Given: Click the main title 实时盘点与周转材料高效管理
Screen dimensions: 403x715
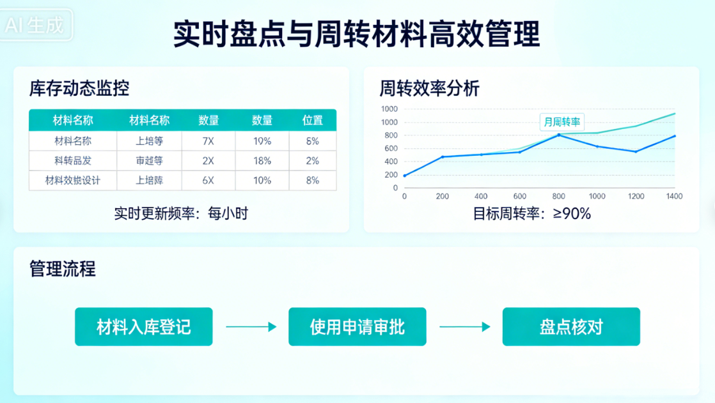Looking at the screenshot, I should tap(357, 34).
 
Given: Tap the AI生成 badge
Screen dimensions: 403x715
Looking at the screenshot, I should tap(36, 26).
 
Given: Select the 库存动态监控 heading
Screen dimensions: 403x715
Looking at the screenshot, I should tap(79, 88).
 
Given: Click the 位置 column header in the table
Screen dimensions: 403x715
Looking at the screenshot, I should tap(312, 120).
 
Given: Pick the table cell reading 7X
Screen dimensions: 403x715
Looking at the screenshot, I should tap(208, 141).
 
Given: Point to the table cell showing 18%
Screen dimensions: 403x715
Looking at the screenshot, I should tap(262, 161).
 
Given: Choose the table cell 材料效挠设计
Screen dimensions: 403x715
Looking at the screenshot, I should tap(73, 181).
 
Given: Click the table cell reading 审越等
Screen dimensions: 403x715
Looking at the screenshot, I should tap(150, 161).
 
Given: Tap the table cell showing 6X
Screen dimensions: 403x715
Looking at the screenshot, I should tap(208, 181).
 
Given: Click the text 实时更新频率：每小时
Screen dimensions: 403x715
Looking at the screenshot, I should tap(181, 213).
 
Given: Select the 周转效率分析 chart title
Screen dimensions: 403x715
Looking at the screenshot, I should tap(429, 88).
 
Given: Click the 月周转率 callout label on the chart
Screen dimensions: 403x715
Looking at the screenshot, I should tap(562, 121).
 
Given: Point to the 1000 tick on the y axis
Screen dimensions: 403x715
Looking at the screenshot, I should tap(389, 122).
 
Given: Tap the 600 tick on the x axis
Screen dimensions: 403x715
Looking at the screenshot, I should tap(520, 197).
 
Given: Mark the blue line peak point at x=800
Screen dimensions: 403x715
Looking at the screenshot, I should tap(558, 135).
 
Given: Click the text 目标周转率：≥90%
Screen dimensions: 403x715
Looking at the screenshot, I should tap(531, 213).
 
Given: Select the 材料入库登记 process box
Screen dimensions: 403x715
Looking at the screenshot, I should tap(143, 327).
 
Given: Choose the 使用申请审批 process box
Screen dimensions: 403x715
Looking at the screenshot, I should tap(357, 327).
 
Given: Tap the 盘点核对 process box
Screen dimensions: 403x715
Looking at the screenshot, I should tap(571, 327).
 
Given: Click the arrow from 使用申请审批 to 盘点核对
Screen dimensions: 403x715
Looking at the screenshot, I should tap(464, 327).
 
